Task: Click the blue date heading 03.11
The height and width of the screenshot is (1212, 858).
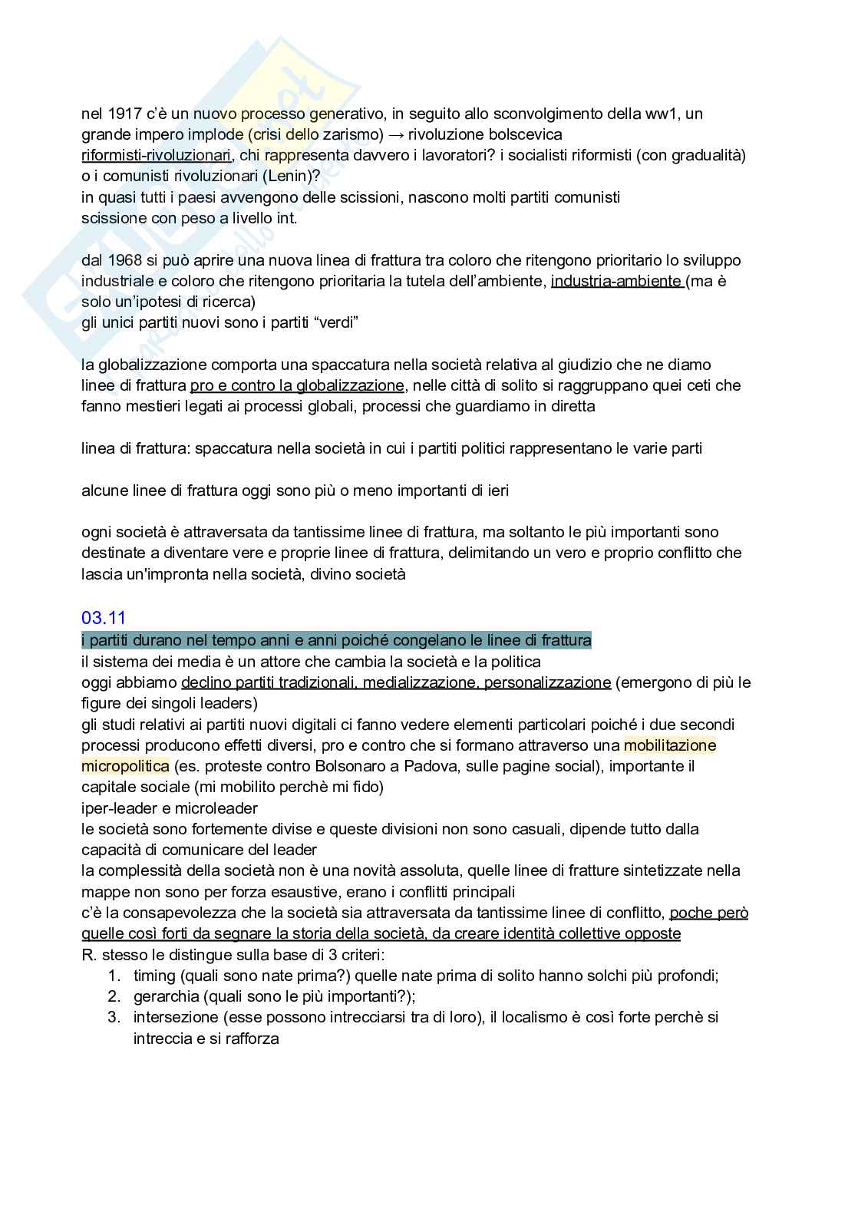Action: click(104, 618)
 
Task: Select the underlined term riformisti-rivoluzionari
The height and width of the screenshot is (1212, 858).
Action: click(156, 156)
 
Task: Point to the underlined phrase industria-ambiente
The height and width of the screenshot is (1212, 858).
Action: click(616, 281)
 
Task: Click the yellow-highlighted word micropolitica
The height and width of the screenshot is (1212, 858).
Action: click(125, 766)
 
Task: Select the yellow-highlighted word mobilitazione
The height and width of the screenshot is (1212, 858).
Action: click(669, 745)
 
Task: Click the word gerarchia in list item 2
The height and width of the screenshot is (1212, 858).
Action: click(163, 997)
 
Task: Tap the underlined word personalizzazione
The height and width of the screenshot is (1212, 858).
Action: click(548, 682)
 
